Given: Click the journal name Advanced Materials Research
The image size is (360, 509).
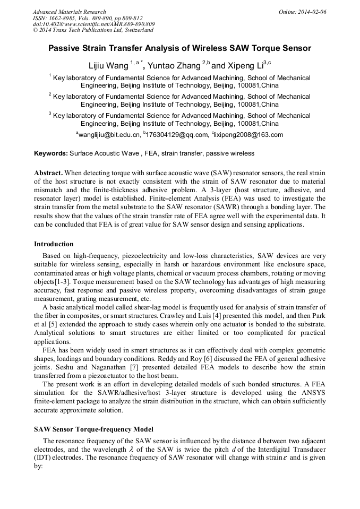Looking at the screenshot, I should tap(69, 12).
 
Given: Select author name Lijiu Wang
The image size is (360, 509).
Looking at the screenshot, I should tap(108, 66).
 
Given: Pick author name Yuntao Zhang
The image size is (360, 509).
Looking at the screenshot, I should tap(174, 66).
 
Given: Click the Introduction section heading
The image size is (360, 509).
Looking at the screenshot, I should tap(54, 244).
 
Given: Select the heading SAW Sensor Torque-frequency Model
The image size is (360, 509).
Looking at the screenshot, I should tap(93, 428).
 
